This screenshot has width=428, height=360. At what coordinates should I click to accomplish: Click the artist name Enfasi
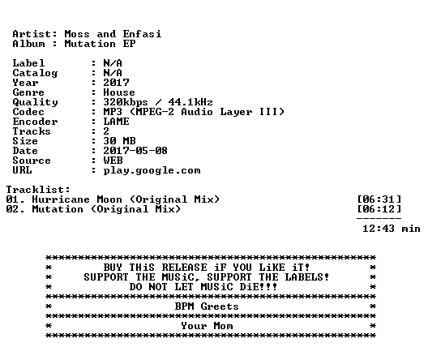142,34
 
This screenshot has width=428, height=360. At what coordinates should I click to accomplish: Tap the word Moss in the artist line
77,34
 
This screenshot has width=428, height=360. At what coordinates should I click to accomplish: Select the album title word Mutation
90,44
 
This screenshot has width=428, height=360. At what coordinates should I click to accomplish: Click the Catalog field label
35,73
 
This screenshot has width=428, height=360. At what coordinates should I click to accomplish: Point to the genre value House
119,92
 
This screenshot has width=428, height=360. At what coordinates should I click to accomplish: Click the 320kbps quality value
126,102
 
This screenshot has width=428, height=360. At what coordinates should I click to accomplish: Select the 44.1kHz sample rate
190,102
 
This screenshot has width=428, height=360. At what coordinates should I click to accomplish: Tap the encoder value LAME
116,122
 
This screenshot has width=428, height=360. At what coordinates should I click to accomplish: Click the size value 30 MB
119,141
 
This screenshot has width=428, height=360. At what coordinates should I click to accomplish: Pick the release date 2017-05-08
135,151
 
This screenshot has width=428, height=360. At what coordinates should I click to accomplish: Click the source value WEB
113,161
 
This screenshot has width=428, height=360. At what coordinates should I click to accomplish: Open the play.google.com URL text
152,170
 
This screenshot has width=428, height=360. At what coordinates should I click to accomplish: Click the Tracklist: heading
38,190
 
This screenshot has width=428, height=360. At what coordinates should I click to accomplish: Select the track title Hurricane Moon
77,199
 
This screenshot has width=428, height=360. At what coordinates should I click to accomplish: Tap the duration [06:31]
379,199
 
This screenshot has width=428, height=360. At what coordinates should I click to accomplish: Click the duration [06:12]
379,209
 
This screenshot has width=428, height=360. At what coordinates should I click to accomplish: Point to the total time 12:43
379,229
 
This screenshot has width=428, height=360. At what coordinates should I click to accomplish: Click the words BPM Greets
207,306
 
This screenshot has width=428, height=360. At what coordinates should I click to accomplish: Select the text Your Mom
207,326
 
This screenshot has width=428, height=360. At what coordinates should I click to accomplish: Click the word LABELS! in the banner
307,277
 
